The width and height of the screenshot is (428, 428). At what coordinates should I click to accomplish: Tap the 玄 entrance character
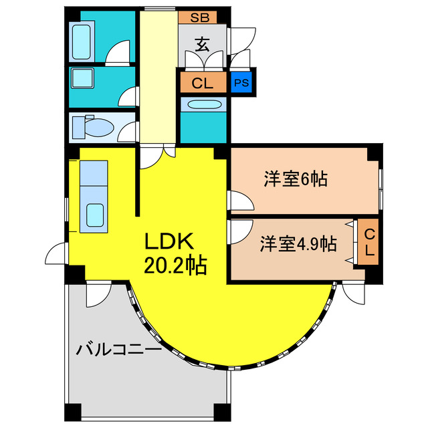click(x=202, y=45)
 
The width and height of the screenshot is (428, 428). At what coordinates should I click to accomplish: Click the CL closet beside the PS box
click(x=202, y=84)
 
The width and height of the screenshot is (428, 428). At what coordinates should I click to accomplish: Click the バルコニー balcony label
click(x=118, y=349)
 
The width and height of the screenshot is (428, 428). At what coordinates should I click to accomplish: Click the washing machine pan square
click(x=85, y=79)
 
